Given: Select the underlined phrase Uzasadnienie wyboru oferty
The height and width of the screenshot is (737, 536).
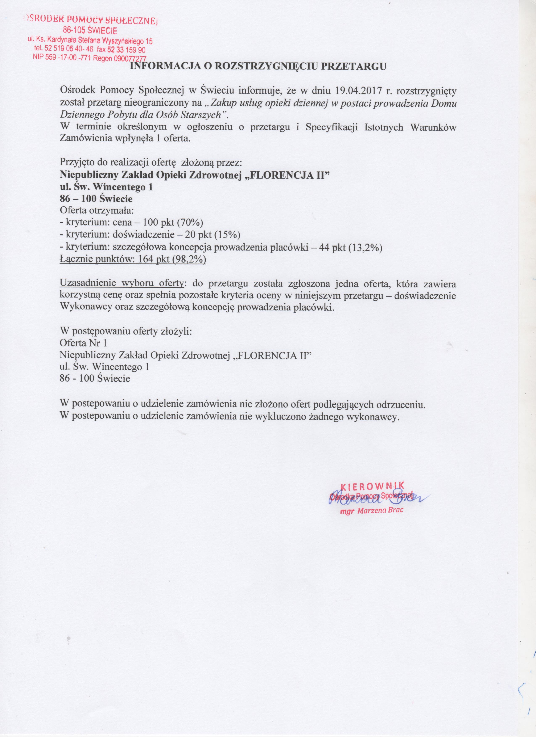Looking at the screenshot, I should click(122, 283).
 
